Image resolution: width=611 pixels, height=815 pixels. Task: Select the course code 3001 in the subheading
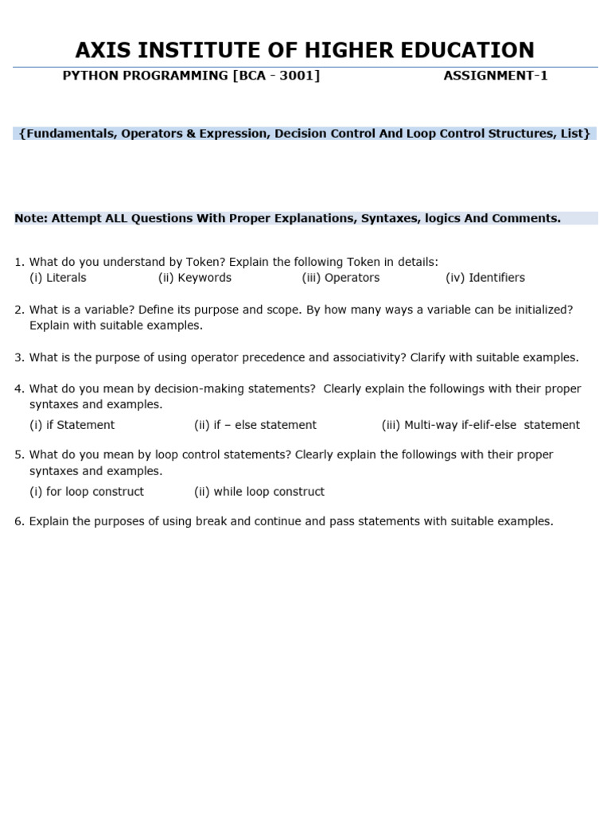coord(295,76)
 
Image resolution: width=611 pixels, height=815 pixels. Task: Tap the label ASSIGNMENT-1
coord(495,76)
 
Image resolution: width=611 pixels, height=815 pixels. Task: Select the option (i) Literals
coord(58,278)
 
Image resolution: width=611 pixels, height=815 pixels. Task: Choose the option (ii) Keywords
coord(195,278)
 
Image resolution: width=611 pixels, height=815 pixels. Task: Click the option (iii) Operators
coord(341,278)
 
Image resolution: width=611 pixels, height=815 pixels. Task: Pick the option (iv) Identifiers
coord(485,278)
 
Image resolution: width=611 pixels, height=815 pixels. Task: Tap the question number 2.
coord(18,310)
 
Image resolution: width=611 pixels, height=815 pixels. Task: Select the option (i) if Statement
coord(72,425)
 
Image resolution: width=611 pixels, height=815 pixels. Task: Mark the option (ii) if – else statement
coord(255,425)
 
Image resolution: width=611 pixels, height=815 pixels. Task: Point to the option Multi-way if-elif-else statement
coord(481,425)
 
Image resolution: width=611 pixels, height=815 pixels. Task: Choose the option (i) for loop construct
coord(87,492)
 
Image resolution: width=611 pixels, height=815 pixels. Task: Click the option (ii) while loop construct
coord(259,492)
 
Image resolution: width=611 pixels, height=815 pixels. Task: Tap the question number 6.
coord(18,521)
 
